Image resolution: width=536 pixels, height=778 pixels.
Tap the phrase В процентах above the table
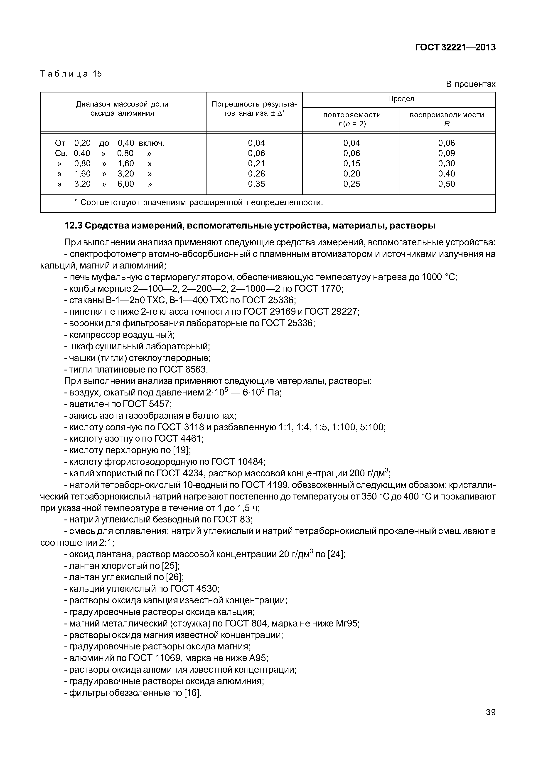click(x=470, y=84)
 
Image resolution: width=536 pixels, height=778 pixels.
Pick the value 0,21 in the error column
click(x=257, y=163)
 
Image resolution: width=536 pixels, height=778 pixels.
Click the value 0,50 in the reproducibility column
click(x=446, y=184)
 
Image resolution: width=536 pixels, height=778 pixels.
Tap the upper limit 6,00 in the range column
click(x=126, y=184)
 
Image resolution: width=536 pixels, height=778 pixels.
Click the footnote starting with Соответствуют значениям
click(x=198, y=203)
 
